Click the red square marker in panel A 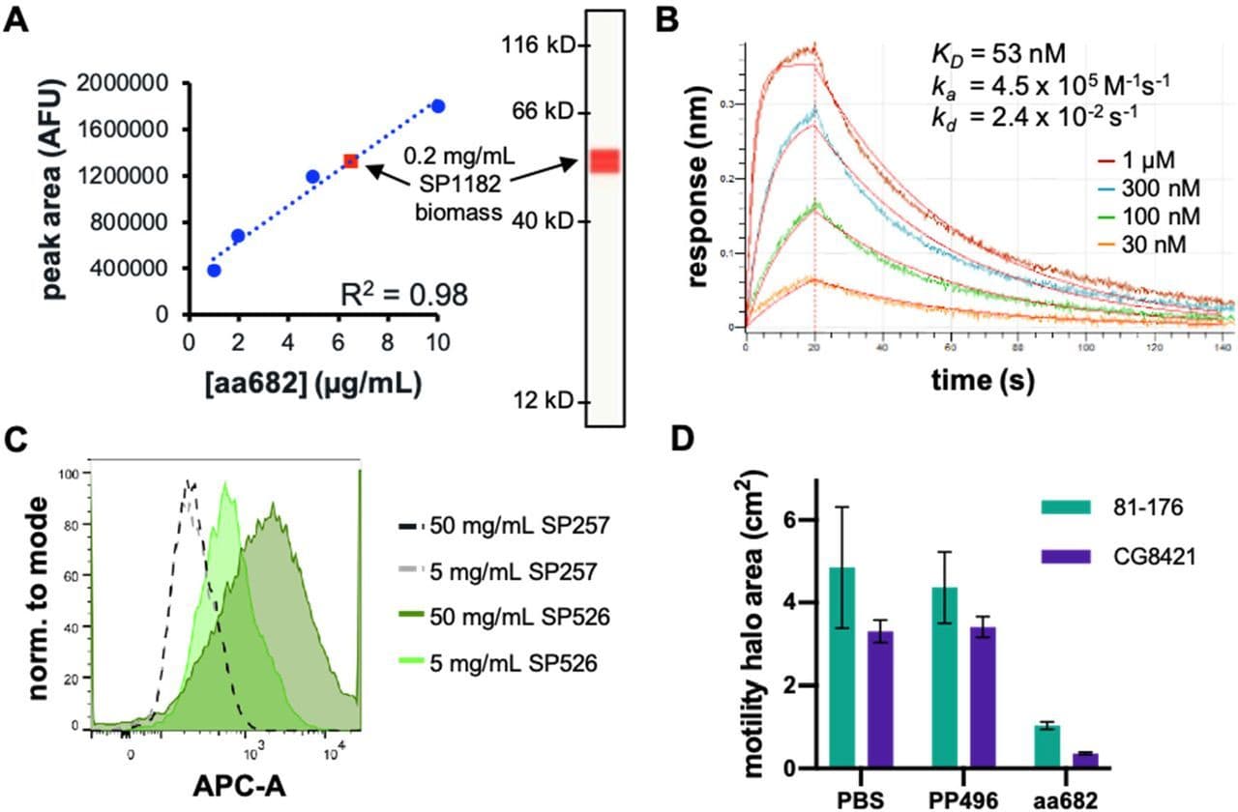click(x=351, y=161)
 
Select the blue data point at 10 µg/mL click(x=438, y=105)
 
